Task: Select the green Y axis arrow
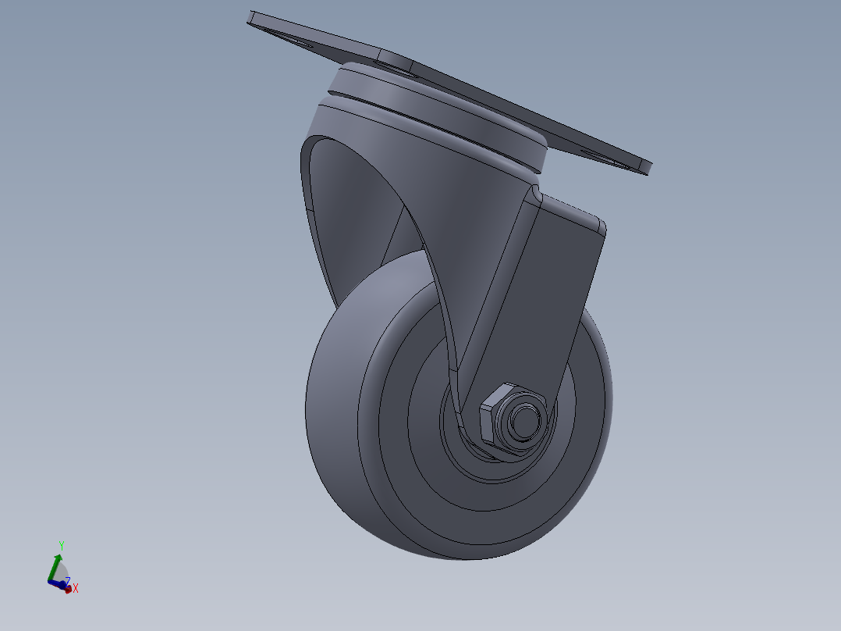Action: [x=56, y=565]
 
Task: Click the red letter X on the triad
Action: [x=76, y=588]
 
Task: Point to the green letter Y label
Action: [x=61, y=545]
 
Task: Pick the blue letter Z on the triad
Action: [x=68, y=581]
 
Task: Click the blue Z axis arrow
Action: [x=56, y=583]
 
